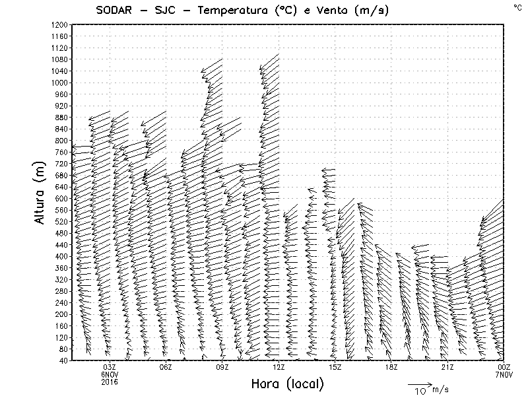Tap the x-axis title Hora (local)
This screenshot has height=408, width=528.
tap(287, 384)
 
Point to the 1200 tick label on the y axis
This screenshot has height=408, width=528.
tap(60, 24)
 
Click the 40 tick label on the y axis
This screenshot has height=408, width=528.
tap(64, 360)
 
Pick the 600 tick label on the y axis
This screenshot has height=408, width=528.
tap(62, 198)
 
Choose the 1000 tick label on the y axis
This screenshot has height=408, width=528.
tap(60, 83)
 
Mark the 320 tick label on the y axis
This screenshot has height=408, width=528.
tap(62, 279)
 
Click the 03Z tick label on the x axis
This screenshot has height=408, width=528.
tap(110, 367)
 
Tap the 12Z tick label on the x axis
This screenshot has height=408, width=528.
tap(279, 367)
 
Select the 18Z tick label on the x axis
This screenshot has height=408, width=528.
tap(391, 367)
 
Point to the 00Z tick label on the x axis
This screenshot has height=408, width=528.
tap(504, 367)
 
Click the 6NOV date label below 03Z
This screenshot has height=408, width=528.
tap(110, 374)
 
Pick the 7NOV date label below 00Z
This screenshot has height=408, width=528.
tap(504, 374)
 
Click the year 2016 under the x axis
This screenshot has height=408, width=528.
tap(110, 382)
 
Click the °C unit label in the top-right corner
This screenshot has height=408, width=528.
tap(517, 7)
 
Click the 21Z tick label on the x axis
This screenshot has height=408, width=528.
tap(447, 367)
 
